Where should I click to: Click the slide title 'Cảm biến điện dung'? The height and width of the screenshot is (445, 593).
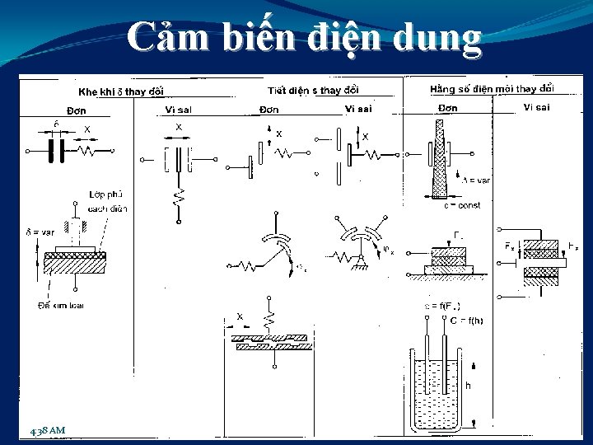(x=304, y=39)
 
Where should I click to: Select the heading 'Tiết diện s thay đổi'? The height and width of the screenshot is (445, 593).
(x=314, y=90)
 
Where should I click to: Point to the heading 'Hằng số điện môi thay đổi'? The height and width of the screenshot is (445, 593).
(x=492, y=88)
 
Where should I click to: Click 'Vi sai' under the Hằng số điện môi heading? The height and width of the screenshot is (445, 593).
(x=535, y=108)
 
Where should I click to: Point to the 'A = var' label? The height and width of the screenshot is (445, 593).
(x=475, y=179)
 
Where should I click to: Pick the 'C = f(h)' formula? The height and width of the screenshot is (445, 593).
(x=467, y=321)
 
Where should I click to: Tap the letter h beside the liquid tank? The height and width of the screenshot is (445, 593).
(x=469, y=384)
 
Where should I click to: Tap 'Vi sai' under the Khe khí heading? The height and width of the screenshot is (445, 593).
(x=179, y=110)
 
